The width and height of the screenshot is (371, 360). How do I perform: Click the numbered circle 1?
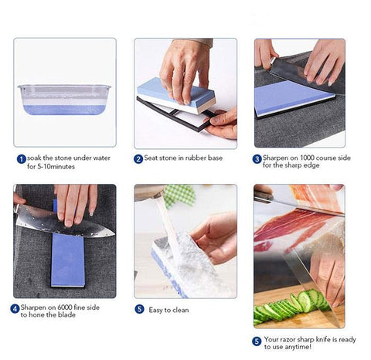pyautogui.click(x=21, y=158)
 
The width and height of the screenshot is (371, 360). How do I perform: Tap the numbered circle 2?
pyautogui.click(x=138, y=158)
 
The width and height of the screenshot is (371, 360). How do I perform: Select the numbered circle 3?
pyautogui.click(x=257, y=158)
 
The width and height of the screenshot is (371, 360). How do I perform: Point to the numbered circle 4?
pyautogui.click(x=15, y=308)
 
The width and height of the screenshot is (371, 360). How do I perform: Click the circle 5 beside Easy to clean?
pyautogui.click(x=139, y=308)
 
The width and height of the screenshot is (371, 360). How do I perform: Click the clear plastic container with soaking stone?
pyautogui.click(x=64, y=99)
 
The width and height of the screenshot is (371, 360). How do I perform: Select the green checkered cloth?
pyautogui.click(x=179, y=195)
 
